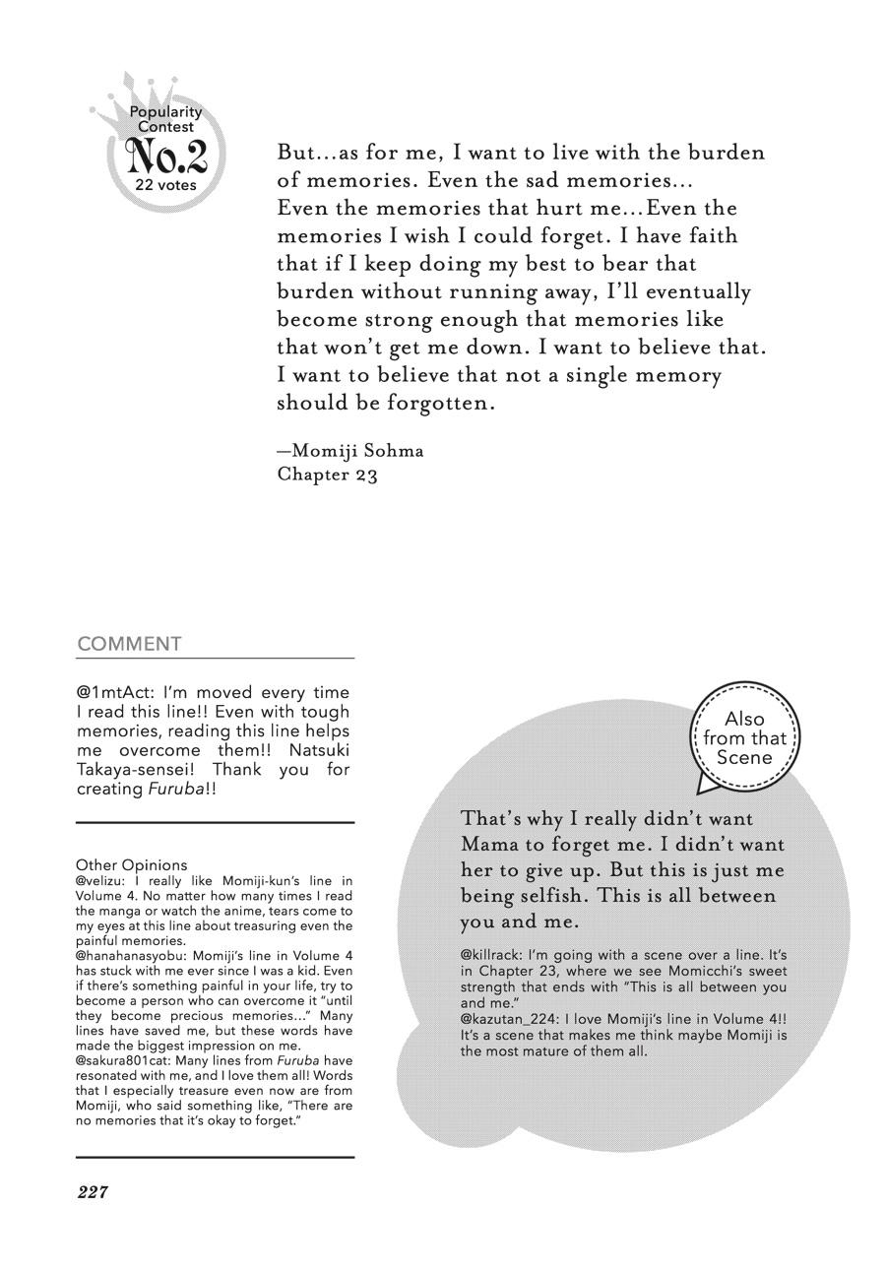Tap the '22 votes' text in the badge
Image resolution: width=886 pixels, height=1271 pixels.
pos(165,185)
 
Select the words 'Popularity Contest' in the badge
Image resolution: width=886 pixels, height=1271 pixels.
pos(165,119)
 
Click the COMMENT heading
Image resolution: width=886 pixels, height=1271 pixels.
pos(129,644)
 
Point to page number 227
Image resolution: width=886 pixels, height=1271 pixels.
pos(92,1192)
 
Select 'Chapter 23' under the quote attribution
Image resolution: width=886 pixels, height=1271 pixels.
pos(328,475)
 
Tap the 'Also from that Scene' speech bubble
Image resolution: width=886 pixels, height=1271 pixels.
pos(744,737)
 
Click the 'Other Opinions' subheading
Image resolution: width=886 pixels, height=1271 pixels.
pos(131,865)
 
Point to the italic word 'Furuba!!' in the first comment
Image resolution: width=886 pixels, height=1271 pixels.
pos(181,789)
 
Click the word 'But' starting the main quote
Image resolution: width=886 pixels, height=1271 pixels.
pos(295,153)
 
